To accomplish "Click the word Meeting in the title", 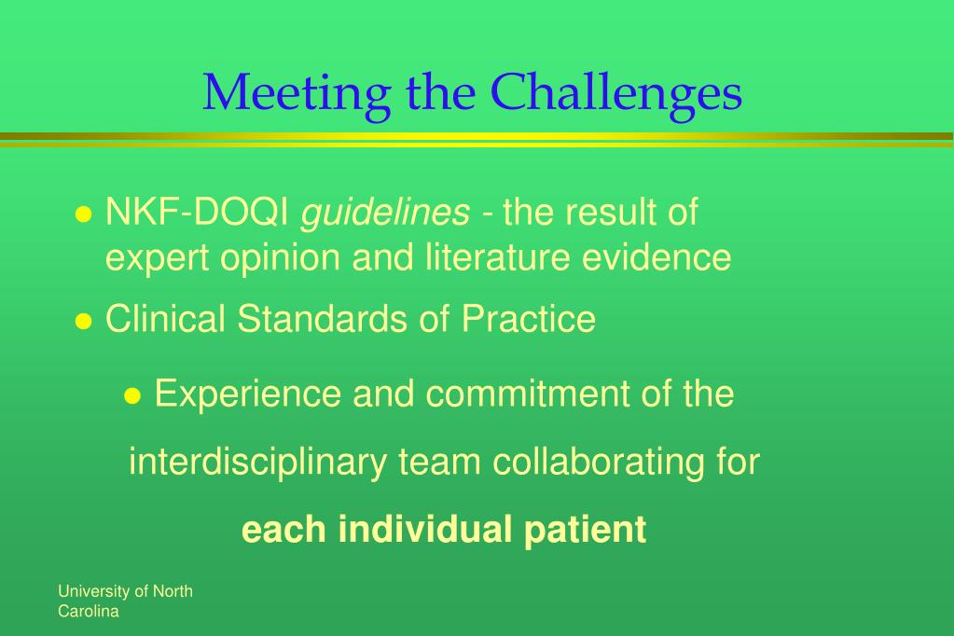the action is click(x=297, y=95).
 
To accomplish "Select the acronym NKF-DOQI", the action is click(x=197, y=212).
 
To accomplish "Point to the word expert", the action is click(x=157, y=258).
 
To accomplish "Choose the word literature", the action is click(x=498, y=256).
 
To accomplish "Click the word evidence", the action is click(x=657, y=256).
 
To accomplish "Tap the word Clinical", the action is click(x=165, y=318).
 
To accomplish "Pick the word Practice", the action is click(x=528, y=318).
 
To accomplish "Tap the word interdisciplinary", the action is click(x=257, y=463).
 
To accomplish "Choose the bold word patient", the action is click(x=585, y=531).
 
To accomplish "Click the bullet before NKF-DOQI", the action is click(x=83, y=214).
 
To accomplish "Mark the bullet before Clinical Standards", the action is click(x=83, y=321).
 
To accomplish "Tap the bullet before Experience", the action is click(x=132, y=396).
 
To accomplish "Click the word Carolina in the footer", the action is click(x=89, y=612).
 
